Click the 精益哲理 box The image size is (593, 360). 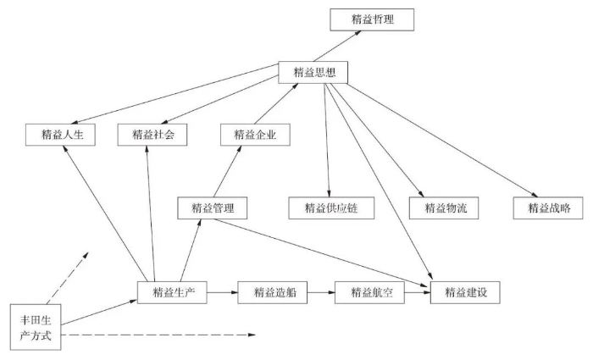point(371,19)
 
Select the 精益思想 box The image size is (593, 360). point(313,72)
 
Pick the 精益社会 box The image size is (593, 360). point(153,134)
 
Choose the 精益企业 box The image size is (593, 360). point(255,134)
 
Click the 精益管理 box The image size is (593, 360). point(213,208)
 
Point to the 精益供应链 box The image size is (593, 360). point(325,208)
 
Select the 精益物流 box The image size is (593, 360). point(439,208)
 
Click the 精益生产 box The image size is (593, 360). point(173,292)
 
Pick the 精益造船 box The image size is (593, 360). point(273,292)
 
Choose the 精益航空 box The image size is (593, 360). point(370,292)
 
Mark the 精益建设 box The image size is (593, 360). point(465,292)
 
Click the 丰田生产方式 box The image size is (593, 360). point(36,325)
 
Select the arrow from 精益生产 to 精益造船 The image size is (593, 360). point(224,292)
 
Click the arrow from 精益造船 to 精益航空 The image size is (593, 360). point(321,292)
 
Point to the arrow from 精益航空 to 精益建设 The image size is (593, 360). point(418,292)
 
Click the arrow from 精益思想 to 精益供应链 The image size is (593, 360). point(325,140)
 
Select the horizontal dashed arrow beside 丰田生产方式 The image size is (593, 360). point(161,335)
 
